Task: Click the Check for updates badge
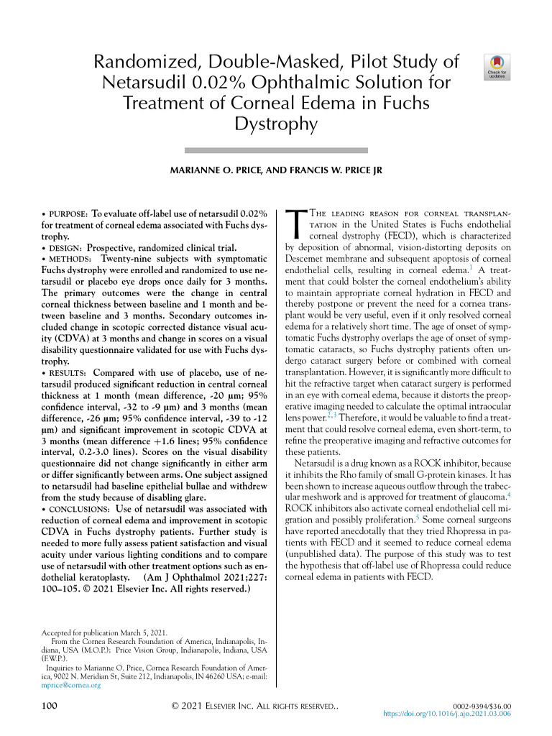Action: [498, 65]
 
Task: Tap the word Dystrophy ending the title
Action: [276, 124]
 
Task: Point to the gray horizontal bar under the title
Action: [276, 149]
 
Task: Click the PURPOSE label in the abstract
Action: [67, 215]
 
